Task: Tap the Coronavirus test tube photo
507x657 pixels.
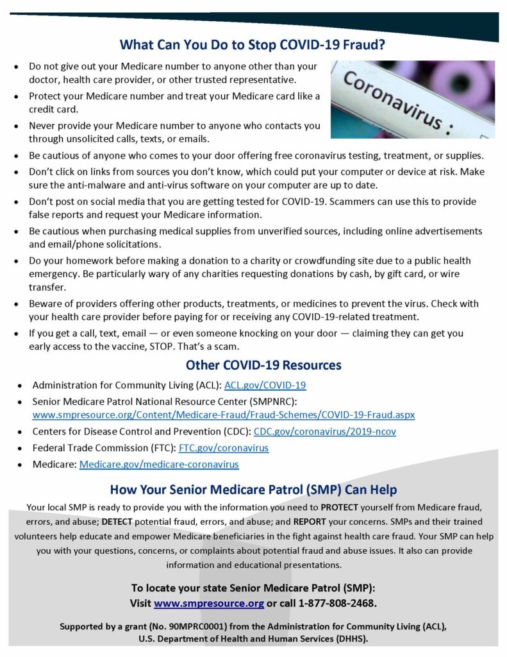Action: [412, 99]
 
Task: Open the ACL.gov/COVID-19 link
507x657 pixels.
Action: [265, 386]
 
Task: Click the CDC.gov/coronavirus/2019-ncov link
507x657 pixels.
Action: [324, 432]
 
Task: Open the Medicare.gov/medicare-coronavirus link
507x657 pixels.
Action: [159, 464]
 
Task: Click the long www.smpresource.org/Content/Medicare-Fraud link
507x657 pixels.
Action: [223, 415]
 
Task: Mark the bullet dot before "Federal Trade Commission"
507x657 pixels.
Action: [21, 448]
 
